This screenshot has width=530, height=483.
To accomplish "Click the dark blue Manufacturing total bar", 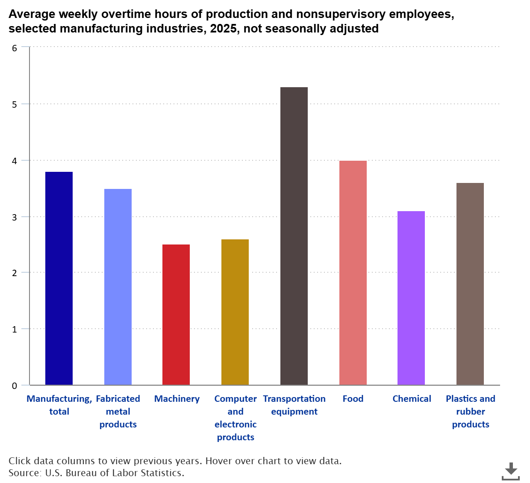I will click(59, 278).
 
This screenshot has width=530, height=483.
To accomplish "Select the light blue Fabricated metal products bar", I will click(118, 287).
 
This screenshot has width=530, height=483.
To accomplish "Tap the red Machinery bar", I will click(176, 315).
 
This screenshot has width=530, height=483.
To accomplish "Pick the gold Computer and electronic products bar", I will click(235, 312).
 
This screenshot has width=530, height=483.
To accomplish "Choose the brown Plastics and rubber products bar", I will click(470, 284).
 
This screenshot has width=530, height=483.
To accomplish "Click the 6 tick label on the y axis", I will click(15, 48).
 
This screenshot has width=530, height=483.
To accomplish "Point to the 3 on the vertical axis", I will click(15, 217).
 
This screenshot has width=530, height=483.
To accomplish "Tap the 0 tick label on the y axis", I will click(15, 386).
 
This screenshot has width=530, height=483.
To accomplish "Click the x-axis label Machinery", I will click(177, 399).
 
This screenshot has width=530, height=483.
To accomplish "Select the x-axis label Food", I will click(353, 399).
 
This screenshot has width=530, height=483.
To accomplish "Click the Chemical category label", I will click(412, 399).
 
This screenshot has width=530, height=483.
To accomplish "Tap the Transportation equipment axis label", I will click(294, 405).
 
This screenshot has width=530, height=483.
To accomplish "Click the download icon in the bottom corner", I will click(510, 471).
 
